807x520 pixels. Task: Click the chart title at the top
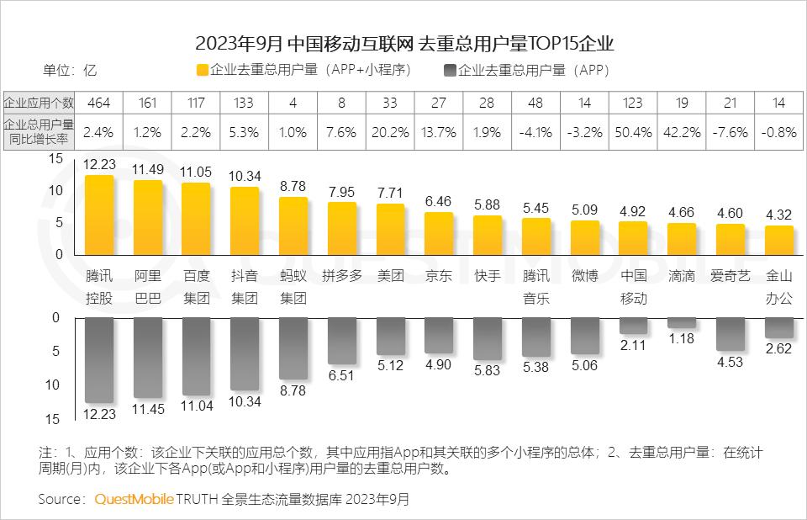click(404, 43)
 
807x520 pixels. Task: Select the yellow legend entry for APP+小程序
click(303, 71)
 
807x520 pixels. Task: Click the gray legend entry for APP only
click(526, 71)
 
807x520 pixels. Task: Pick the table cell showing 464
click(99, 103)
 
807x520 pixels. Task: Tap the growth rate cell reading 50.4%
click(634, 133)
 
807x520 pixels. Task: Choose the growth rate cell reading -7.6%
click(731, 133)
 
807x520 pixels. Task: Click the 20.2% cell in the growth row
click(390, 133)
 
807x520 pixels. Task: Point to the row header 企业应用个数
click(39, 103)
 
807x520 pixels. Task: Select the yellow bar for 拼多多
click(342, 228)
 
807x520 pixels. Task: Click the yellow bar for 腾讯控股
click(99, 215)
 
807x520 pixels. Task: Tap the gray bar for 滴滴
click(682, 322)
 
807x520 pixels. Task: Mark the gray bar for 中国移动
click(634, 325)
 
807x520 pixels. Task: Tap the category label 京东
click(439, 276)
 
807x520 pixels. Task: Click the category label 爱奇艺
click(731, 276)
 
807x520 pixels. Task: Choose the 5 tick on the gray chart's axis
click(56, 352)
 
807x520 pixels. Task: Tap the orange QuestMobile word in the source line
click(133, 499)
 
